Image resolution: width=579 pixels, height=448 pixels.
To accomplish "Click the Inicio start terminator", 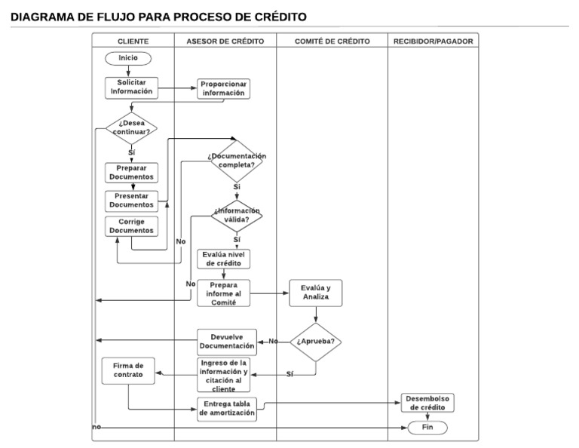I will pyautogui.click(x=129, y=58).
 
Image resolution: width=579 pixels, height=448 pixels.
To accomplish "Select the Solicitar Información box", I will pyautogui.click(x=131, y=87).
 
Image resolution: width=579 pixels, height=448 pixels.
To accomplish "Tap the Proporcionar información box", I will pyautogui.click(x=223, y=89).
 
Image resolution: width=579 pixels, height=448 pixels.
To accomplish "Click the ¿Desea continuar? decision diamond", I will pyautogui.click(x=131, y=127).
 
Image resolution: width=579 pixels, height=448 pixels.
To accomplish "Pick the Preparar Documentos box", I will pyautogui.click(x=131, y=173).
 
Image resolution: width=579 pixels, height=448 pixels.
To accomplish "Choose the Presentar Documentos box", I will pyautogui.click(x=131, y=200).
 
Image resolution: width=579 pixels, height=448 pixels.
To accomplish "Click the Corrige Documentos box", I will pyautogui.click(x=131, y=226).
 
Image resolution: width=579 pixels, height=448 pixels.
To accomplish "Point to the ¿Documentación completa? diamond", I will pyautogui.click(x=237, y=160).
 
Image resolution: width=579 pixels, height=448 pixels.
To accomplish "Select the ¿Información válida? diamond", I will pyautogui.click(x=237, y=216).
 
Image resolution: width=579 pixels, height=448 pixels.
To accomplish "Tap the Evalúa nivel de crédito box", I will pyautogui.click(x=223, y=259).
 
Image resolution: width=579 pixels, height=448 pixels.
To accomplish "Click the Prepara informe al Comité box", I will pyautogui.click(x=224, y=293).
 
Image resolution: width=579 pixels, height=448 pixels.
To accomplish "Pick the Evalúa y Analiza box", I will pyautogui.click(x=316, y=293).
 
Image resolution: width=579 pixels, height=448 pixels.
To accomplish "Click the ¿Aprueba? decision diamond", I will pyautogui.click(x=317, y=342).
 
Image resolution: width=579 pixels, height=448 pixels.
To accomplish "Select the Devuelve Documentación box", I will pyautogui.click(x=227, y=341).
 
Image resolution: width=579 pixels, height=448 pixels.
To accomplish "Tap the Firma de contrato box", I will pyautogui.click(x=129, y=371).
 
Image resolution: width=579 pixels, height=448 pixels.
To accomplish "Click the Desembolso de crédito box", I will pyautogui.click(x=427, y=403).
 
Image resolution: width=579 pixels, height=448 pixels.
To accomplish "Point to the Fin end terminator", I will pyautogui.click(x=427, y=428).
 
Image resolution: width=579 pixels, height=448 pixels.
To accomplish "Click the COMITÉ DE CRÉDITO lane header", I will pyautogui.click(x=332, y=41).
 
